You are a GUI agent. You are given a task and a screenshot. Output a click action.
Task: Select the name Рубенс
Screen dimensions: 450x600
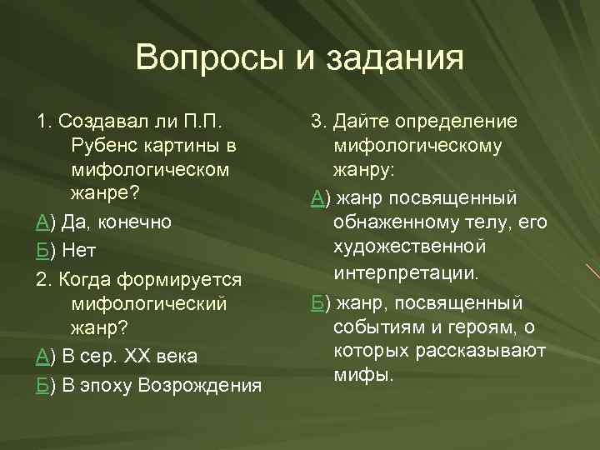tap(110, 146)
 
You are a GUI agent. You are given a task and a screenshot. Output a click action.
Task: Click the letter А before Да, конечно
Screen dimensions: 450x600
tap(42, 222)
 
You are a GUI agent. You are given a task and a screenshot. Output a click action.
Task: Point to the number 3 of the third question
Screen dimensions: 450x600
tap(317, 122)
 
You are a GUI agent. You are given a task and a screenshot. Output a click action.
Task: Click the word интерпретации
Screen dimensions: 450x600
tap(407, 272)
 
